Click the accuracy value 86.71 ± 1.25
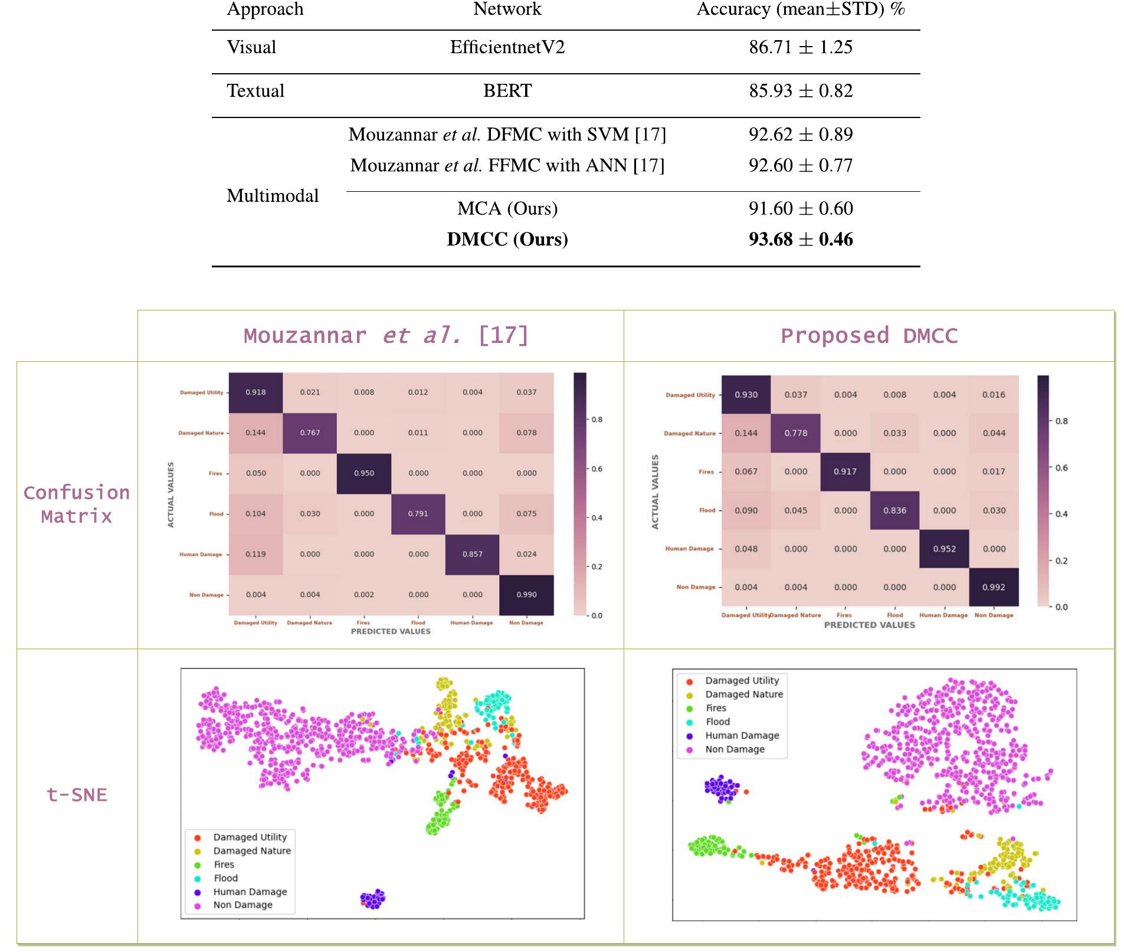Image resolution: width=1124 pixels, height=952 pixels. point(801,47)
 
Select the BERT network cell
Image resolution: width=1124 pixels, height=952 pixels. point(507,91)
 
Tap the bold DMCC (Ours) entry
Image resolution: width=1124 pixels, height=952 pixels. point(507,239)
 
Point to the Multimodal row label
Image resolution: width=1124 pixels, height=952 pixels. point(273,195)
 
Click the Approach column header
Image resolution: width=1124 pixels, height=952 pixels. point(266,9)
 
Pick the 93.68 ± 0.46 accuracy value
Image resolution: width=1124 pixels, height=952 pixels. point(801,239)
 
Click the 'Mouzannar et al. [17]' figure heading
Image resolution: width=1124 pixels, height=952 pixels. point(386,336)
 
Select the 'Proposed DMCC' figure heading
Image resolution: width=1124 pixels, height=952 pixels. point(869,336)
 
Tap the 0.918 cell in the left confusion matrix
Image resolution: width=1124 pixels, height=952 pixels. point(255,392)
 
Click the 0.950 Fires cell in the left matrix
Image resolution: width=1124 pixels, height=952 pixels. point(364,473)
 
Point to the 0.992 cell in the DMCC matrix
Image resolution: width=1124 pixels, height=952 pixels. point(994,587)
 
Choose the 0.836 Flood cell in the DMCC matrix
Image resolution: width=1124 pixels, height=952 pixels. point(895,511)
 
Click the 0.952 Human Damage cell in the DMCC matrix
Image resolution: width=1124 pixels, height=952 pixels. point(945,549)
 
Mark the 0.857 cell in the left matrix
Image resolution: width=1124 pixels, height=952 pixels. point(473,554)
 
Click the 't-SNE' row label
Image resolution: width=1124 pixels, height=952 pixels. point(77,795)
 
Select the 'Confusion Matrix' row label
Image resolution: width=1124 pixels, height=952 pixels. point(77,505)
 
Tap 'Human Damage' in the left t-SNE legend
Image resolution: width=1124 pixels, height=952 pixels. point(250,892)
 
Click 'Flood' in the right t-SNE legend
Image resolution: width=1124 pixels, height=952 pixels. point(717,722)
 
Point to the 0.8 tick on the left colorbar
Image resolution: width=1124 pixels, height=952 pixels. point(597,420)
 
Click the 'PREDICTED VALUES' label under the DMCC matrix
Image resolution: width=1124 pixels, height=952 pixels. point(869,625)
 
